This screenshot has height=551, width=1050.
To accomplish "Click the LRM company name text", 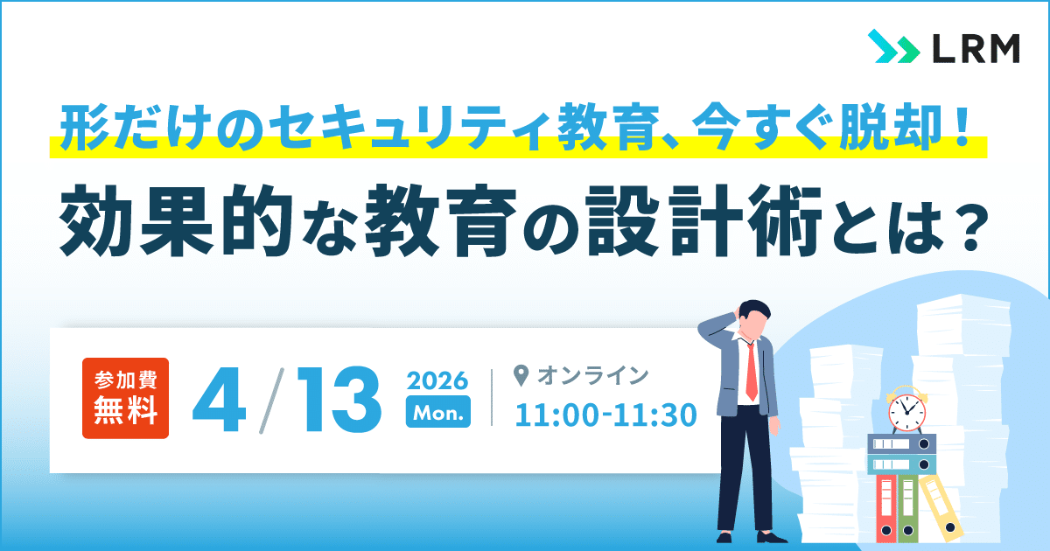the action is pos(976,48).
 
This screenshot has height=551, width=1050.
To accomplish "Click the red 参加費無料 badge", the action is pos(126,398).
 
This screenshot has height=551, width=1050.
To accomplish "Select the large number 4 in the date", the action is pos(219,399).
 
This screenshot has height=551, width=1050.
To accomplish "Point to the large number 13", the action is pos(339,399).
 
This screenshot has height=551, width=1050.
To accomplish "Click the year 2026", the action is pos(437,380).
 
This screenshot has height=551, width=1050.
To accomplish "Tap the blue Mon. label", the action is pos(438,412).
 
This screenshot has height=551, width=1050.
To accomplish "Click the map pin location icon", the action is pos(521,376).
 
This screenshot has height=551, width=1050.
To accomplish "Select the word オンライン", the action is pos(592,376).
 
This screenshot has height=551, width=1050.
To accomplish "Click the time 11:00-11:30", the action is pos(606,415).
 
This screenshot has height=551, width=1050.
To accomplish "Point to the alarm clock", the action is pos(906,409).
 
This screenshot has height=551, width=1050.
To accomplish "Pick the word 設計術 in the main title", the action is pos(704,220).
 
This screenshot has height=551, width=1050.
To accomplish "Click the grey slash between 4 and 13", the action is pos(271,401).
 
